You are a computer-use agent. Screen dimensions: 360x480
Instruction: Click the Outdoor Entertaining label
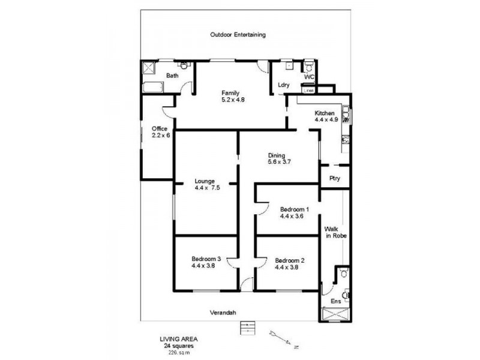click(238, 35)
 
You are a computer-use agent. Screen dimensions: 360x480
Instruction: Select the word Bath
click(172, 76)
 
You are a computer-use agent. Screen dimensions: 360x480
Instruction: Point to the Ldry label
click(284, 85)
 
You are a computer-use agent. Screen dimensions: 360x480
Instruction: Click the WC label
click(309, 78)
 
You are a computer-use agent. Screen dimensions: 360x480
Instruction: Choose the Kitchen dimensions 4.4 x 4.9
click(326, 119)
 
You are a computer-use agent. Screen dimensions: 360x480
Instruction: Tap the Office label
click(160, 128)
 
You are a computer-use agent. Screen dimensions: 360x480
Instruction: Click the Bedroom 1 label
click(294, 209)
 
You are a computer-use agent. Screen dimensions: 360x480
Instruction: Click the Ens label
click(336, 301)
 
